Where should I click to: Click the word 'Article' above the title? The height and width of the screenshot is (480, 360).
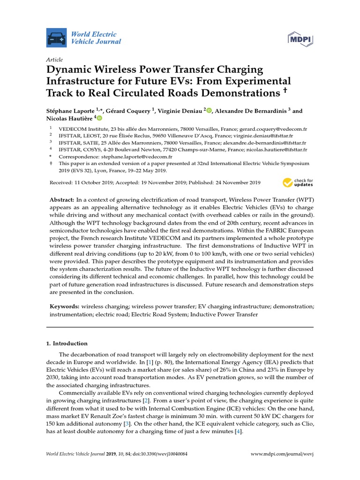point(54,60)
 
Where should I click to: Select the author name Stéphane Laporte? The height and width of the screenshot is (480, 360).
point(71,111)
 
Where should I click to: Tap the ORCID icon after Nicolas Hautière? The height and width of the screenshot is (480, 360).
point(99,119)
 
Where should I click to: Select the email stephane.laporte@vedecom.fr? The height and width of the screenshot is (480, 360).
point(140,157)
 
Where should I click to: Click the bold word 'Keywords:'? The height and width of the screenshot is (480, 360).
point(65,306)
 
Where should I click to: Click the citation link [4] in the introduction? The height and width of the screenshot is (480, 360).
point(238,431)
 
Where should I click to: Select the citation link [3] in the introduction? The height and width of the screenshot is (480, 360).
point(126,424)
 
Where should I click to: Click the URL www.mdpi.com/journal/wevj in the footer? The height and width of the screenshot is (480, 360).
point(282,454)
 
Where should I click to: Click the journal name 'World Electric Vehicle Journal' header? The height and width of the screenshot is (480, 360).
point(96,37)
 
